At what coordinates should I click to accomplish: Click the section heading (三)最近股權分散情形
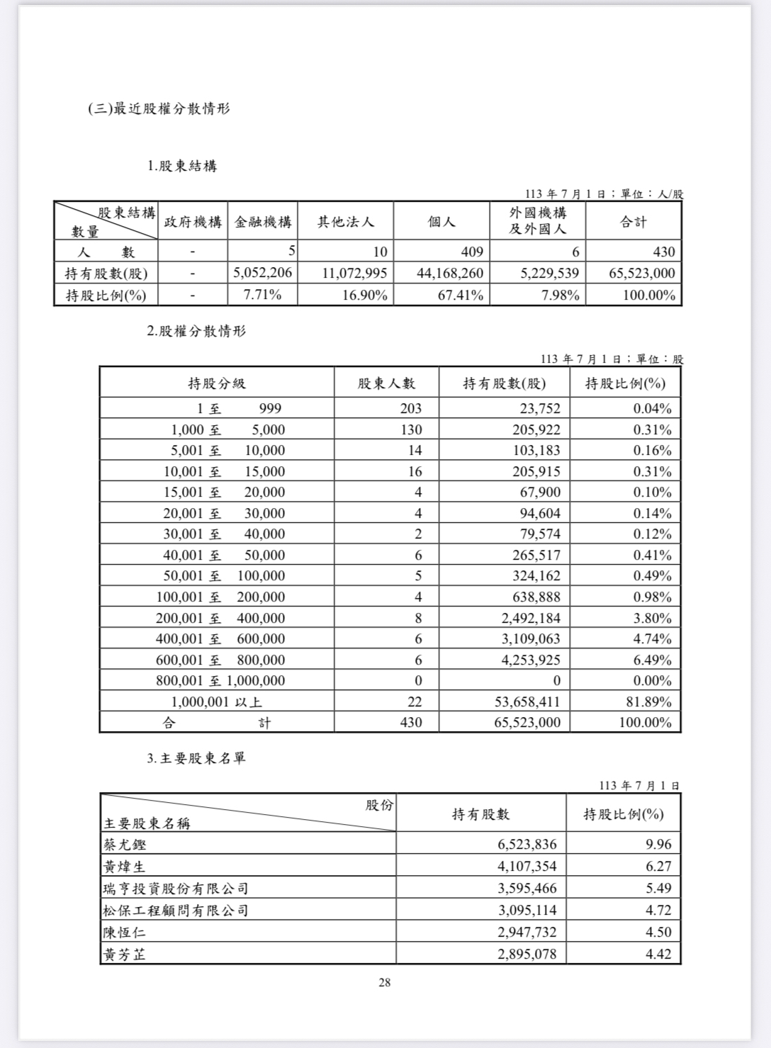[159, 109]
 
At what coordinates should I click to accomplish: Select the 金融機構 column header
[263, 222]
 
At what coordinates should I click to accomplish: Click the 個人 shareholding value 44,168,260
[450, 274]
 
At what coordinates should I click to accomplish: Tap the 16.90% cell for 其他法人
[364, 295]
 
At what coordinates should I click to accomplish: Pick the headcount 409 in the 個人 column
[472, 252]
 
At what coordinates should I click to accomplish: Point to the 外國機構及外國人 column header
[538, 221]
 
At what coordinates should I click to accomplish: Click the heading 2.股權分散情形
[196, 331]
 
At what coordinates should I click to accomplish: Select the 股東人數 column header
[386, 383]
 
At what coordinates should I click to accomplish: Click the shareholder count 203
[410, 408]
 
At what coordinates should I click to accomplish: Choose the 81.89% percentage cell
[652, 702]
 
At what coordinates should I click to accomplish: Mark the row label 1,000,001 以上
[217, 702]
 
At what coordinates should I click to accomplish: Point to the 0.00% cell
[652, 681]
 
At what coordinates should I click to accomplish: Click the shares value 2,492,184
[531, 618]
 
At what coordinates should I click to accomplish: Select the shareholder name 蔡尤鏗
[125, 845]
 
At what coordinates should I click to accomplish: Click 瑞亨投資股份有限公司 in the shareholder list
[176, 889]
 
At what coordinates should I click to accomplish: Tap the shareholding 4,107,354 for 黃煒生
[527, 867]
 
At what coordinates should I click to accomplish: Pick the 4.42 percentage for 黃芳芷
[658, 954]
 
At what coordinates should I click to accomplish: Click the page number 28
[385, 982]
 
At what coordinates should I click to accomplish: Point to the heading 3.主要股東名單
[196, 758]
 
